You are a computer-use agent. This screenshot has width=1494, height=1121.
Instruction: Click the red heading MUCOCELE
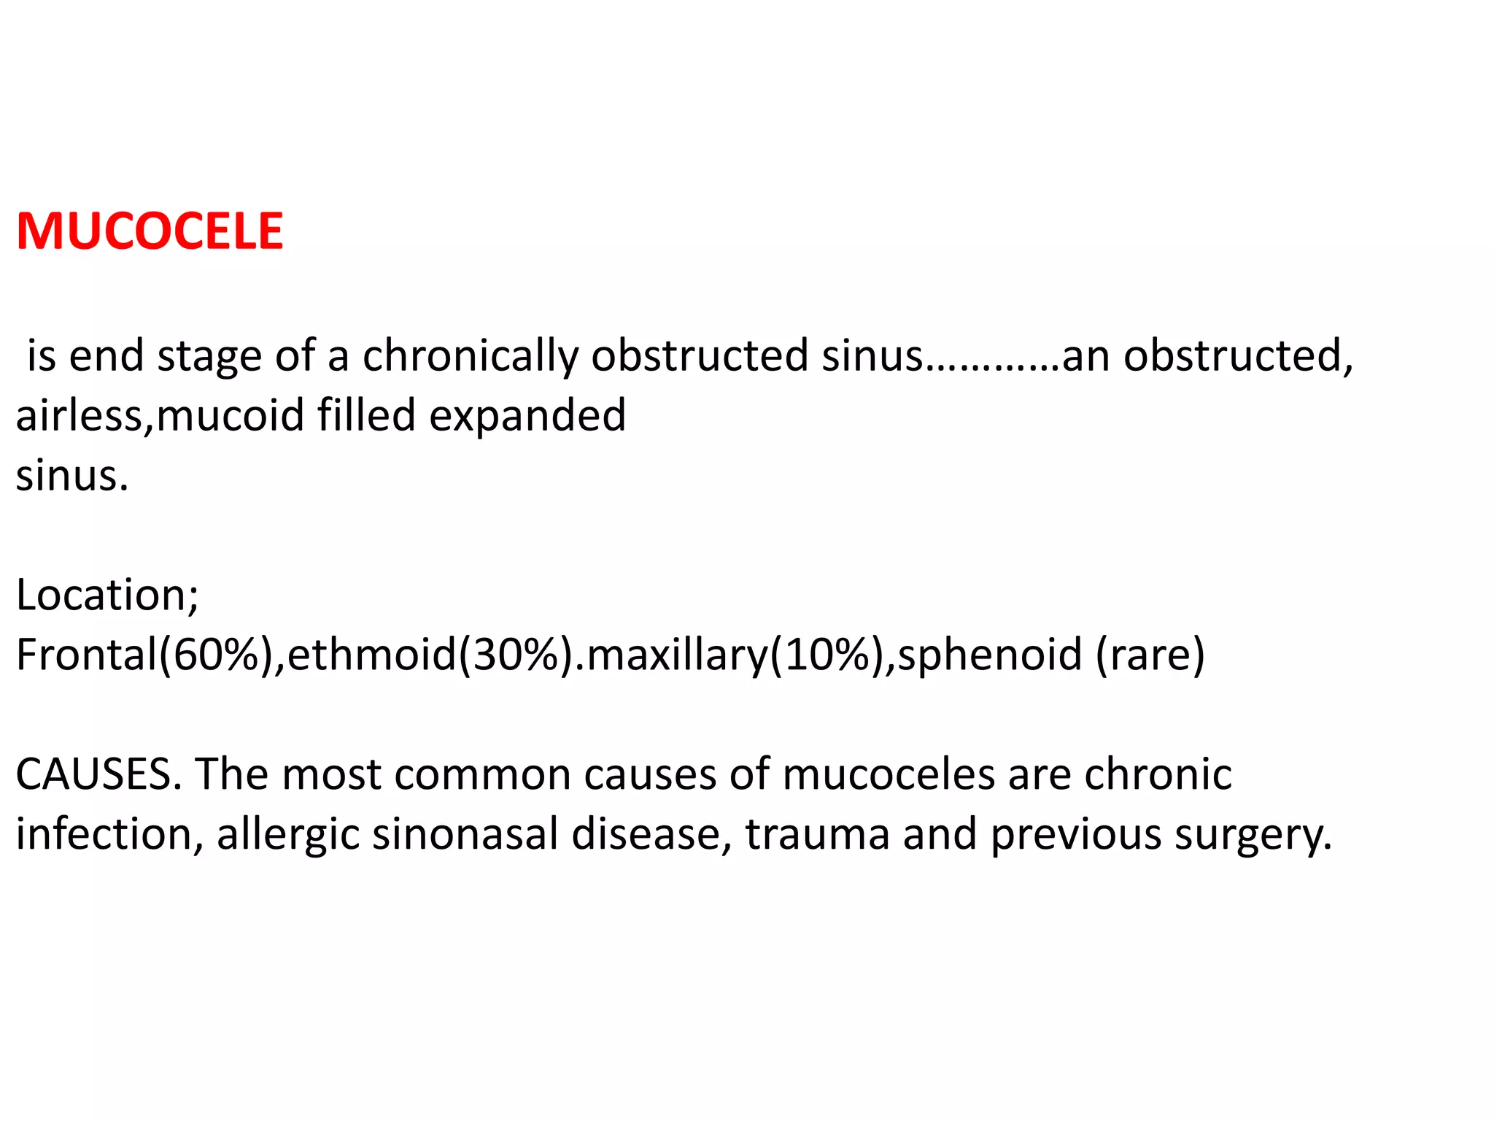tap(150, 231)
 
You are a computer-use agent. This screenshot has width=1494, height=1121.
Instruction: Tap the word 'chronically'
tap(470, 356)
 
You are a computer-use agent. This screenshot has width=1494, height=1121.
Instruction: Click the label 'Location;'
tap(107, 596)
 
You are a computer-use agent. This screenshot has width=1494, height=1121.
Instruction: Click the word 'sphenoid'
tap(989, 655)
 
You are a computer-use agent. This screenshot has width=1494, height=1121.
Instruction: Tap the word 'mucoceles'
tap(889, 774)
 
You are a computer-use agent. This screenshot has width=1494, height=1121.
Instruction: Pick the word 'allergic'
tap(287, 836)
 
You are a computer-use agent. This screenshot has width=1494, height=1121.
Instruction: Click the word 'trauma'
tap(817, 834)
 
